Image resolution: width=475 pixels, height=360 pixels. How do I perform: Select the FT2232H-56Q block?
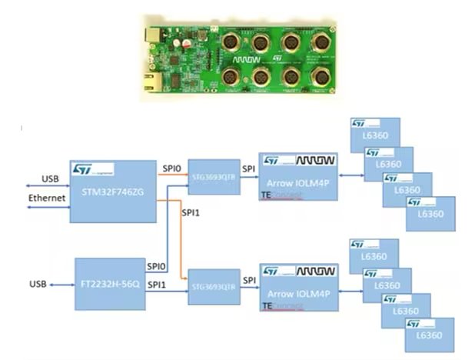pos(111,284)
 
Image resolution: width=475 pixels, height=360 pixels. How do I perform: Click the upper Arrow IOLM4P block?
pos(298,176)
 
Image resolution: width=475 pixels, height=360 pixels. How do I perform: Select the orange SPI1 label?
pos(190,212)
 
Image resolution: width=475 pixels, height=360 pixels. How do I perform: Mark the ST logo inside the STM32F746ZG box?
pos(82,168)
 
